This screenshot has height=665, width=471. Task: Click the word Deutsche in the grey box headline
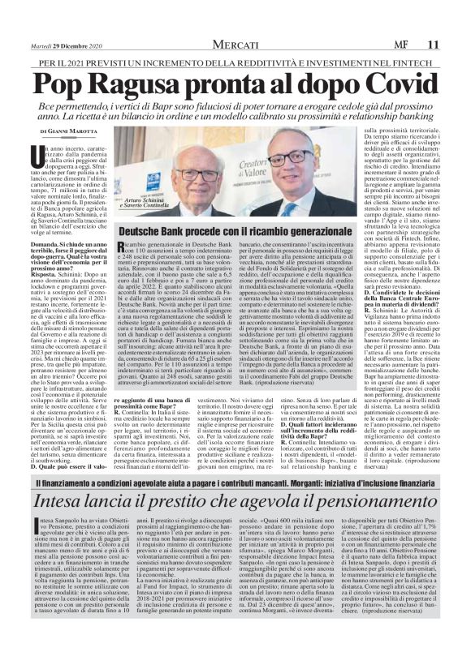[149, 232]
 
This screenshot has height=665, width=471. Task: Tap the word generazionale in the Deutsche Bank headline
[312, 232]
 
